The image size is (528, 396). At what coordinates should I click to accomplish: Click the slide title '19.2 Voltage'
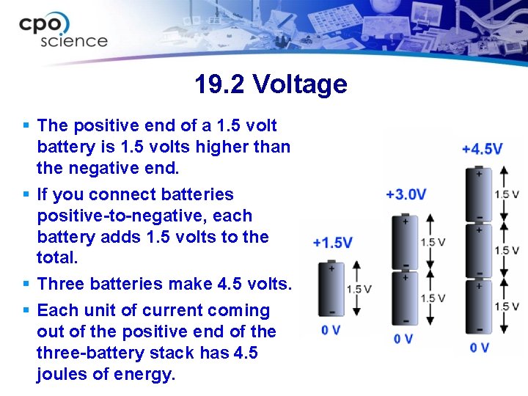click(271, 84)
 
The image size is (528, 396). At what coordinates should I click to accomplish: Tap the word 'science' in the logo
click(74, 41)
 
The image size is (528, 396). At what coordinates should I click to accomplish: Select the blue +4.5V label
click(482, 149)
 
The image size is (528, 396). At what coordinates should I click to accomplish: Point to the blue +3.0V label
click(406, 194)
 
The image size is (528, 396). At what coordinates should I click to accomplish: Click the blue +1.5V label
click(332, 242)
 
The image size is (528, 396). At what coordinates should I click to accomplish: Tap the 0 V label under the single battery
click(331, 330)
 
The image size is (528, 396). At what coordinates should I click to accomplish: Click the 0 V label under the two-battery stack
click(404, 338)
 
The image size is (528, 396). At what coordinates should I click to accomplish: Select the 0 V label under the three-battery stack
click(479, 347)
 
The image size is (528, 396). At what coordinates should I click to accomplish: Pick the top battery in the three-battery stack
click(479, 194)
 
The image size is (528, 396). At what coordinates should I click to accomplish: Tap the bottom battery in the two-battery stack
click(405, 298)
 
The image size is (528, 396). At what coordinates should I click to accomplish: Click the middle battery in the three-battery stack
click(479, 250)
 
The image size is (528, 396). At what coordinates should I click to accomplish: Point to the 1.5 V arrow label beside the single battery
click(359, 289)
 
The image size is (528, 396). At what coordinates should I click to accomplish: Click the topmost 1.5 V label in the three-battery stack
click(506, 194)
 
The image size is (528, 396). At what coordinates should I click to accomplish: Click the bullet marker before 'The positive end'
click(26, 126)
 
